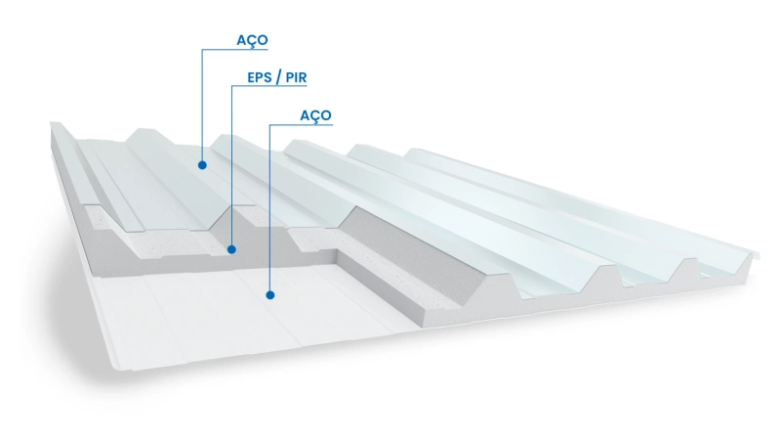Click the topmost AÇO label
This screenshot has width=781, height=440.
tap(252, 40)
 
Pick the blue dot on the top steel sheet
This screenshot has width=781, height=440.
tap(202, 165)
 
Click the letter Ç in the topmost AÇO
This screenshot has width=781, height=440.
tap(252, 41)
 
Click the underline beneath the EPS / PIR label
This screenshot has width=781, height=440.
tap(268, 87)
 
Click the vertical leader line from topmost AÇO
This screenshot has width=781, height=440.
tap(202, 108)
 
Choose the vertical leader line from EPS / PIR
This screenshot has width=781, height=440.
tap(232, 166)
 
